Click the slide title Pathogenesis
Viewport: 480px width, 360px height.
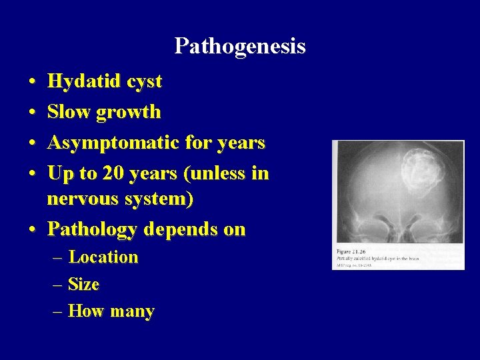coord(239,46)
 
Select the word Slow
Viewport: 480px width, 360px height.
coord(69,111)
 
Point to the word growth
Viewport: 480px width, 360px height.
coord(129,112)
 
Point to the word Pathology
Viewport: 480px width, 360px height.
coord(91,229)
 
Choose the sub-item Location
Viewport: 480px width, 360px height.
coord(103,257)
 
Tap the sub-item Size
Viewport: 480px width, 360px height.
coord(84,284)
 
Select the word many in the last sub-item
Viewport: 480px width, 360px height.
coord(133,311)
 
